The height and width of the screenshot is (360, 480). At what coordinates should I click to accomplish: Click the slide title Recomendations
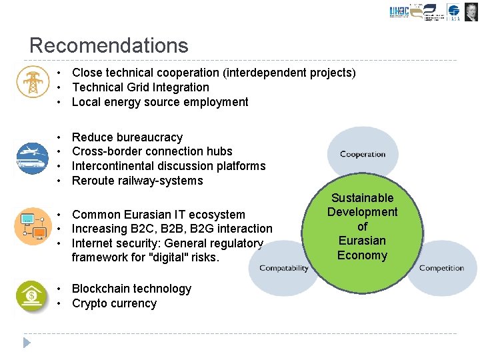coord(109,45)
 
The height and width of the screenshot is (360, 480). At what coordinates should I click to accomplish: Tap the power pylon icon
coord(32,81)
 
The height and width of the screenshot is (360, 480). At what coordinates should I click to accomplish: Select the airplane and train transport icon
coord(32,158)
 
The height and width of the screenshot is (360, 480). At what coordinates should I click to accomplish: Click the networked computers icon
coord(32,226)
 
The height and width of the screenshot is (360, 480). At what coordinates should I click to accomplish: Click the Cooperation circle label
coord(363,154)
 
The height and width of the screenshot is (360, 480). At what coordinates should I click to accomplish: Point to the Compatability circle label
coord(283,268)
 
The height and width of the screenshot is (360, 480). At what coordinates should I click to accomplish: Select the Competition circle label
coord(441,268)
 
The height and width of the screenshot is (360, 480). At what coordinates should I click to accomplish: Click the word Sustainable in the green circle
coord(362,198)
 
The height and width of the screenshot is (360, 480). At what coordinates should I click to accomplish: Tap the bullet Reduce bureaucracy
coord(127,137)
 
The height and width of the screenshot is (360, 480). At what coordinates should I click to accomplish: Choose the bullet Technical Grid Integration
coord(140,87)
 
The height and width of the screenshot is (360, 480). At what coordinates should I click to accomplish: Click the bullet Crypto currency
coord(114,303)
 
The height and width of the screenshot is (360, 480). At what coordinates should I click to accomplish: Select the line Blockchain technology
coord(131,289)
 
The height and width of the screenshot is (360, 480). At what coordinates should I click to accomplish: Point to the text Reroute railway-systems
coord(137,181)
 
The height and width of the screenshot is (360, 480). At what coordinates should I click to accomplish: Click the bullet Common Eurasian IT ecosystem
coord(158,215)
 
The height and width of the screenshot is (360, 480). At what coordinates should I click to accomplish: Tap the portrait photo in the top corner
coord(471,12)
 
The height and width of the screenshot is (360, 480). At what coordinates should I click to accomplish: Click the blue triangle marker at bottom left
coord(27,343)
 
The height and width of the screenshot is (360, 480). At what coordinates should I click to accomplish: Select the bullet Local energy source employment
coord(160,102)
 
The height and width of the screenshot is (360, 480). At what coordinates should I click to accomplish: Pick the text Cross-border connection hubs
coord(152,151)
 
